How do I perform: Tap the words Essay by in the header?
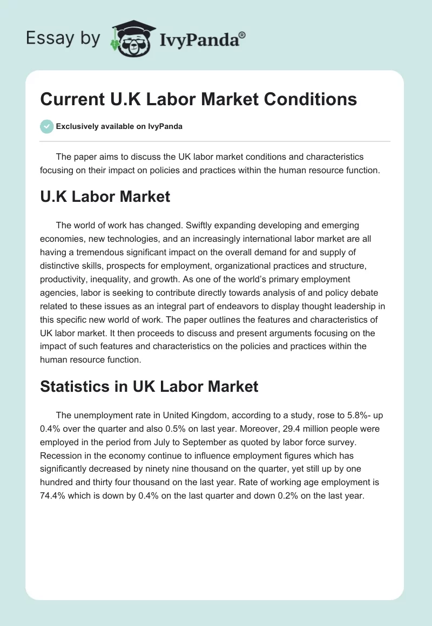[63, 38]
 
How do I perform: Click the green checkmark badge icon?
[46, 127]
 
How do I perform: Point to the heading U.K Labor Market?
[105, 196]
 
